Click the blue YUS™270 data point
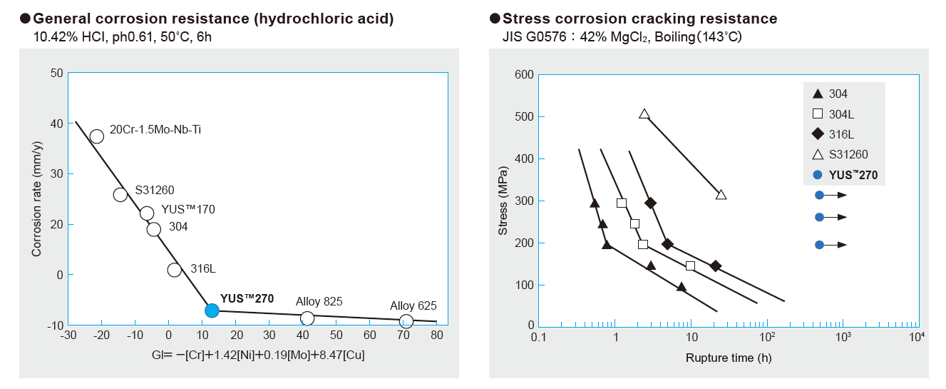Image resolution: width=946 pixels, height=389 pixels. [212, 310]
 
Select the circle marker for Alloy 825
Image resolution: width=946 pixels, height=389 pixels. [307, 318]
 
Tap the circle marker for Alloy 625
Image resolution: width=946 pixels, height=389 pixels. [406, 321]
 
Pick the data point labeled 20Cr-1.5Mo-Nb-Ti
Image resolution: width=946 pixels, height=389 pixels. [98, 136]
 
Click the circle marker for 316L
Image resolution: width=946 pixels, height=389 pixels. [175, 270]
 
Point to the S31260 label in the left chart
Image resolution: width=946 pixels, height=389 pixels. [154, 191]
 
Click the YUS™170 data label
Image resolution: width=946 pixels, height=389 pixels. [188, 209]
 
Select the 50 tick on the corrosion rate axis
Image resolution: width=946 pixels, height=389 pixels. [57, 73]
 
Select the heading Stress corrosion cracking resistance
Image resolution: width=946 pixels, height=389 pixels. [639, 19]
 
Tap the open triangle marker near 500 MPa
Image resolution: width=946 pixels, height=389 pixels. [644, 114]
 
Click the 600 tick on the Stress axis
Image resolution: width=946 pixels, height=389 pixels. [525, 75]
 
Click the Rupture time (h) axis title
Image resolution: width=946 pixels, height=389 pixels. [728, 357]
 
